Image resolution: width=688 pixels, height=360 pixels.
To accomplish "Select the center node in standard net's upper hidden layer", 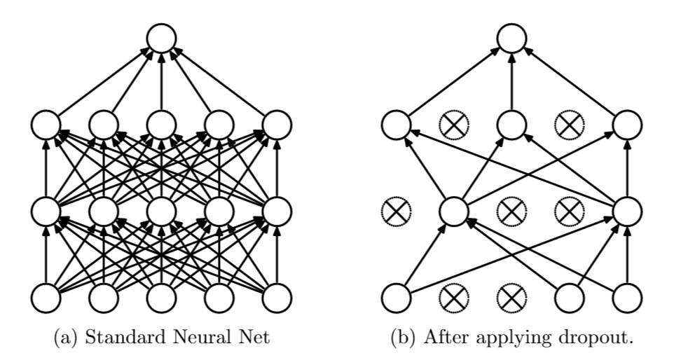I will coord(162,125).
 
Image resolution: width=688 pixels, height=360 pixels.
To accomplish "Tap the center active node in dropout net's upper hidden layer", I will coord(511,125).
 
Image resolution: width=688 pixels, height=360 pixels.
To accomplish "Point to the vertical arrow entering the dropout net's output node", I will coord(511,81).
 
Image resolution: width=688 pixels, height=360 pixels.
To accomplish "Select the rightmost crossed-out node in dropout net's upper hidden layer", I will coord(569,125).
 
